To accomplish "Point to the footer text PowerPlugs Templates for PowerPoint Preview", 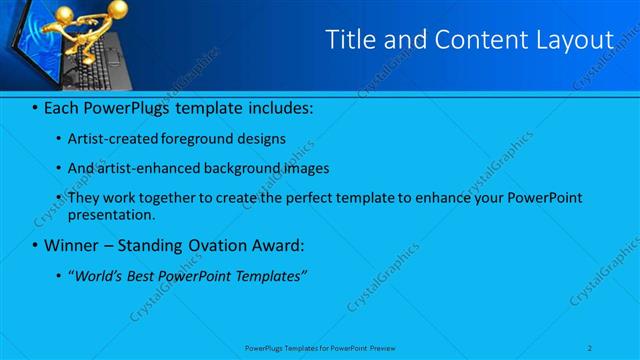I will [320, 347].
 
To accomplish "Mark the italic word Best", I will [148, 274].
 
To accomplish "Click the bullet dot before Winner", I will [35, 244].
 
